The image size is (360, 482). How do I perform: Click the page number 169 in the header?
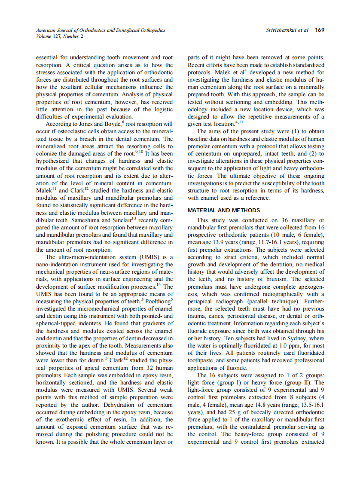point(319,30)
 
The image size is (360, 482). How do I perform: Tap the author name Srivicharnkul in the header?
point(281,30)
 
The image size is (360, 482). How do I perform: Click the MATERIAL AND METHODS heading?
point(224,210)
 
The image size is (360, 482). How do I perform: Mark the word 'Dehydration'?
point(116,404)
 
